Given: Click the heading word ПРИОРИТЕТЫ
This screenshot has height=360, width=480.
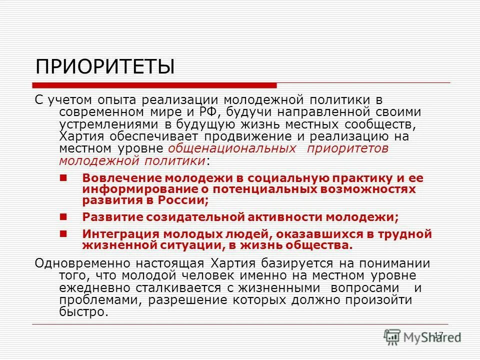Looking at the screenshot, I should (x=105, y=66).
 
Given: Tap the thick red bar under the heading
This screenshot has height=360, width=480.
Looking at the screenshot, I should (x=155, y=85).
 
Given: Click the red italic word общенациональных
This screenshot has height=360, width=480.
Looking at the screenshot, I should (x=231, y=148).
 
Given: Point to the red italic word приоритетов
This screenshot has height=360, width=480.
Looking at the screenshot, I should (x=348, y=148).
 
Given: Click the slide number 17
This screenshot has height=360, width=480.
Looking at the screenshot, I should (x=439, y=334).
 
